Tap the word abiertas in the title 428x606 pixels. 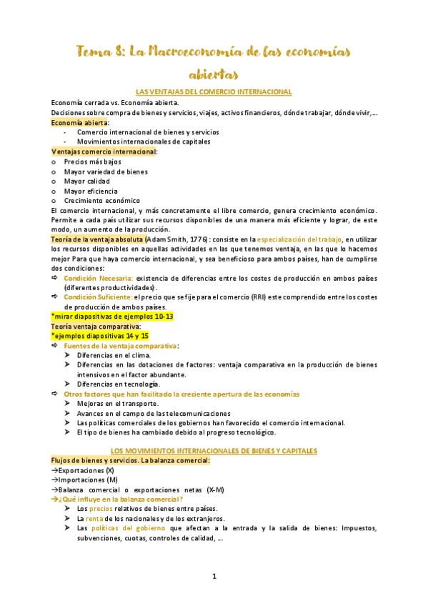[214, 74]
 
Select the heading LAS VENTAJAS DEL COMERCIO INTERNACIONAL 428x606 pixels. [214, 92]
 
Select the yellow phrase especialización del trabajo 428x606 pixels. [299, 239]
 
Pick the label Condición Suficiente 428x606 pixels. [98, 297]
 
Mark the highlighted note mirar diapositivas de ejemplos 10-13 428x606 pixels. [112, 317]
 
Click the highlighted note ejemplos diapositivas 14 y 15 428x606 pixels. [100, 336]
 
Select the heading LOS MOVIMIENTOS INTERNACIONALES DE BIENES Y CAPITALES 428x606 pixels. [214, 451]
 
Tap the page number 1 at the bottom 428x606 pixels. [214, 575]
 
